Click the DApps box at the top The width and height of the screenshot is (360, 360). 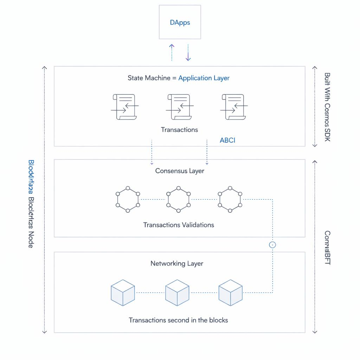coord(180,22)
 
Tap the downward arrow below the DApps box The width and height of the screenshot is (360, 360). coord(188,53)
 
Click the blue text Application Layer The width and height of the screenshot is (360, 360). coord(204,78)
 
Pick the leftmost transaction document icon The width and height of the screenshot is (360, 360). coord(124,107)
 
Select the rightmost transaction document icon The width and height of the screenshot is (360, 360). coord(234,107)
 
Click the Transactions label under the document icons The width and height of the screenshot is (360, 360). coord(179,130)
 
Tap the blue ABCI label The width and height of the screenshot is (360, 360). coord(227,140)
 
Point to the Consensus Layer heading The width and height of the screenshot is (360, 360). coord(180,171)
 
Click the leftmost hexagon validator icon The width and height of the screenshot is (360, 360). coord(128,199)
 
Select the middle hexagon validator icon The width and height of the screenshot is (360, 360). coord(179,199)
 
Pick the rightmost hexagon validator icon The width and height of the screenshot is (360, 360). coord(230,199)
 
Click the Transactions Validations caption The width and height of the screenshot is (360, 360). coord(179,225)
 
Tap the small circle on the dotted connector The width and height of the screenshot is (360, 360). coord(272,245)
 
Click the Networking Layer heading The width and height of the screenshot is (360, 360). coord(177,263)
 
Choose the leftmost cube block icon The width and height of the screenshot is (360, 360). coord(123,292)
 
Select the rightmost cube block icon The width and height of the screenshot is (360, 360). coord(231,292)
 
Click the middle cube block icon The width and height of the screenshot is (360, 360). coord(177,292)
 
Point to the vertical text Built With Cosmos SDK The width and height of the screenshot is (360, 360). coord(327,107)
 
